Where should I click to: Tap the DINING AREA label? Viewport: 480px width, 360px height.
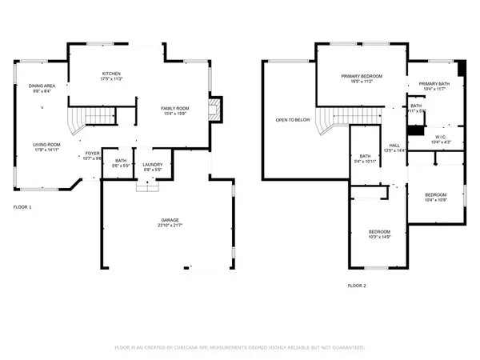click(41, 86)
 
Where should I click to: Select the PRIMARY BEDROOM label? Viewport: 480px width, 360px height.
click(362, 76)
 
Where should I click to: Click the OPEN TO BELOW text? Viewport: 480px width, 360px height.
click(293, 120)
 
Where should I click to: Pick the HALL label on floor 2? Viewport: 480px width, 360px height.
click(394, 144)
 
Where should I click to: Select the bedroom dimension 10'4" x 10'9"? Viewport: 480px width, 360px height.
click(435, 200)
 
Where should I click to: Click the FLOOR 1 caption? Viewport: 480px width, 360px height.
click(22, 207)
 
